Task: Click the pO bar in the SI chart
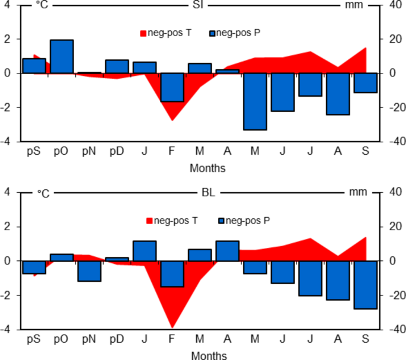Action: pos(62,56)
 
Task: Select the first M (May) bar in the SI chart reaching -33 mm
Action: pos(255,101)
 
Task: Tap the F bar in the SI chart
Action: pos(172,87)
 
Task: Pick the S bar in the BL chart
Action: pos(365,285)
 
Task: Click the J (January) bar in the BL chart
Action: pos(145,251)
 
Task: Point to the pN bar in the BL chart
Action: pos(89,271)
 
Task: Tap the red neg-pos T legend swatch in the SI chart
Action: pos(143,33)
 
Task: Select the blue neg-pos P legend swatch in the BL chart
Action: pos(221,221)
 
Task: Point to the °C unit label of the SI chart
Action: pos(42,5)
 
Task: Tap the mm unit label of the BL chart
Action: pos(357,193)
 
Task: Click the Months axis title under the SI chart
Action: pos(207,168)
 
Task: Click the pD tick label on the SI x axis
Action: pos(117,152)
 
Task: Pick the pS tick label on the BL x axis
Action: pos(34,339)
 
